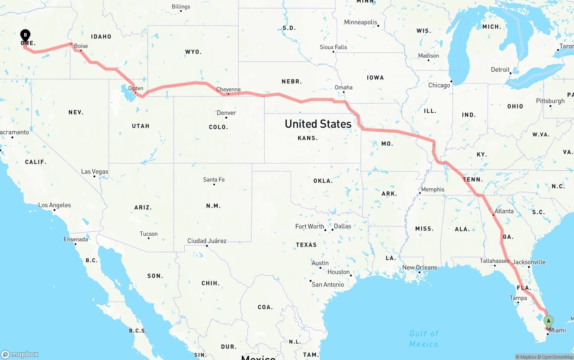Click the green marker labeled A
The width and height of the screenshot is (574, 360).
[548, 321]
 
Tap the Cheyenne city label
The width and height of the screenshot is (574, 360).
[228, 90]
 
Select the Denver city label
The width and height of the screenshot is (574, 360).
[226, 113]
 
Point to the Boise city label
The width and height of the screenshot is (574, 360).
[81, 46]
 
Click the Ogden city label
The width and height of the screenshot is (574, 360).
[135, 88]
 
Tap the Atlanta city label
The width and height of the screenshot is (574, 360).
[504, 211]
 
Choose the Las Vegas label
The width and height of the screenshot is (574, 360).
[95, 172]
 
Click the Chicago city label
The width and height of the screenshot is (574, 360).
[439, 85]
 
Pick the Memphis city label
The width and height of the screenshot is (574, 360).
[433, 190]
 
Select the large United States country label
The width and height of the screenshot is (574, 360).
[318, 124]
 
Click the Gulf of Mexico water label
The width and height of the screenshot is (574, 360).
[424, 338]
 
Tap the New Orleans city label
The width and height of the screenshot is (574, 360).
[419, 268]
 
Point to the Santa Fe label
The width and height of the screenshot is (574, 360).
[214, 180]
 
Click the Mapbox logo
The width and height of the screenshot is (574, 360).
[20, 354]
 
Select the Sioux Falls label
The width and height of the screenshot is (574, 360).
[333, 47]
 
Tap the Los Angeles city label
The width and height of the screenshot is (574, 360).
[55, 205]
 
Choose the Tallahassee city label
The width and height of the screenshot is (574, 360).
[495, 260]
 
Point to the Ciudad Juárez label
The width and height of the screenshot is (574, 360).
[207, 241]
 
